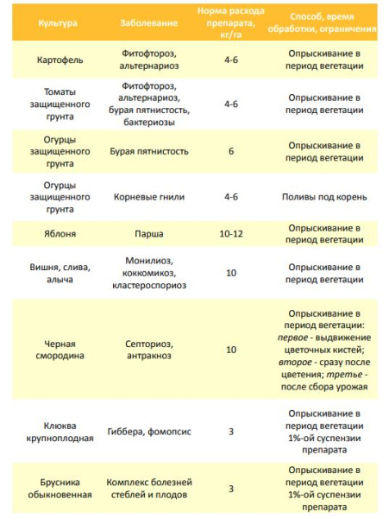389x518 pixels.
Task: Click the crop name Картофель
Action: point(60,65)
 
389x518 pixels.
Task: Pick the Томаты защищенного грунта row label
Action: point(60,104)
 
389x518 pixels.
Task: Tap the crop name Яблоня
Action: point(60,233)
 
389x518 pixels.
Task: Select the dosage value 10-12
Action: point(230,233)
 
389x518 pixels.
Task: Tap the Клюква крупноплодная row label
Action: point(60,432)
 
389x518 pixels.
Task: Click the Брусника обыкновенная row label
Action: point(60,488)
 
